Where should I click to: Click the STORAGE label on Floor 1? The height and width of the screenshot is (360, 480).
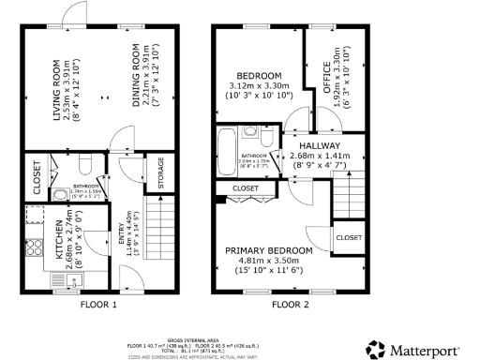tap(160, 174)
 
